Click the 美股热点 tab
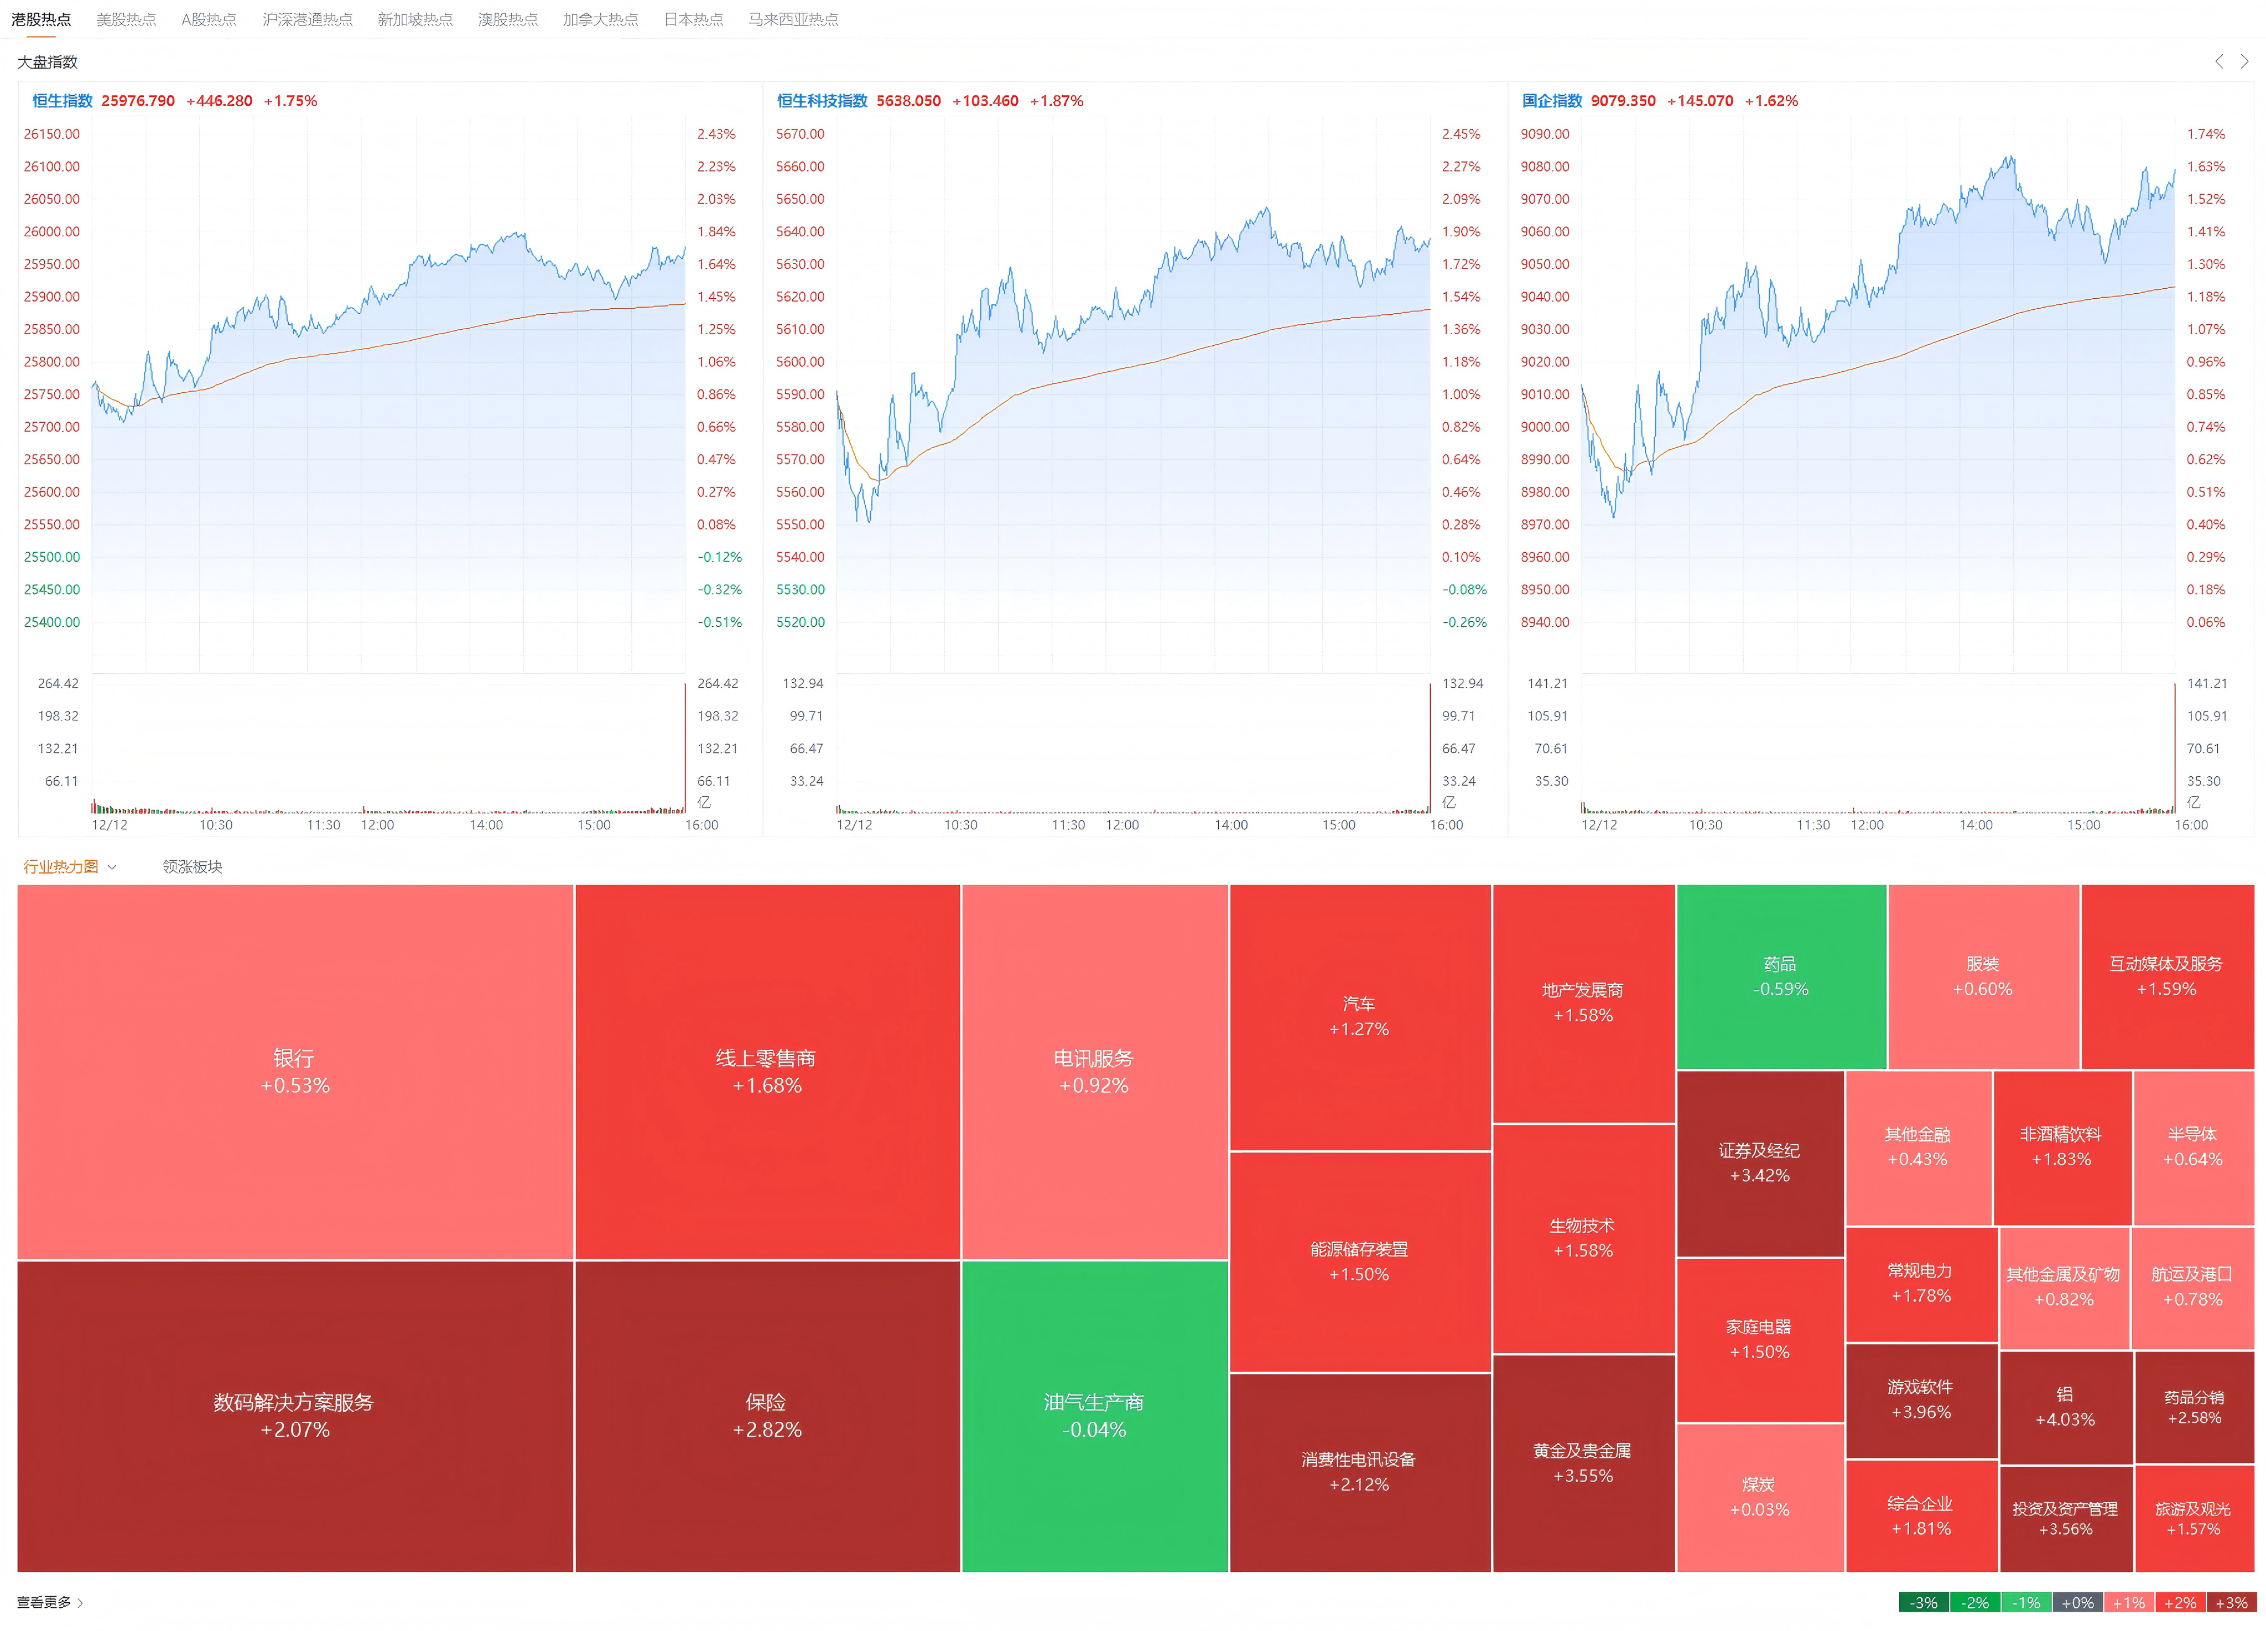126,19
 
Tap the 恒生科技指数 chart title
822,101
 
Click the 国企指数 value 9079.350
1623,101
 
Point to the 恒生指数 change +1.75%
290,101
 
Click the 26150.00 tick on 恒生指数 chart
52,134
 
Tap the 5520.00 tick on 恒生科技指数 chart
801,622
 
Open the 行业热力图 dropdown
70,866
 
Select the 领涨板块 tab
192,866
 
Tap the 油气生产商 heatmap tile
1094,1415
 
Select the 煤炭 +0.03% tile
1759,1496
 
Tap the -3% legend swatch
1924,1602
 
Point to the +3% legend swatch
2231,1602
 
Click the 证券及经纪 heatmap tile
1759,1162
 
